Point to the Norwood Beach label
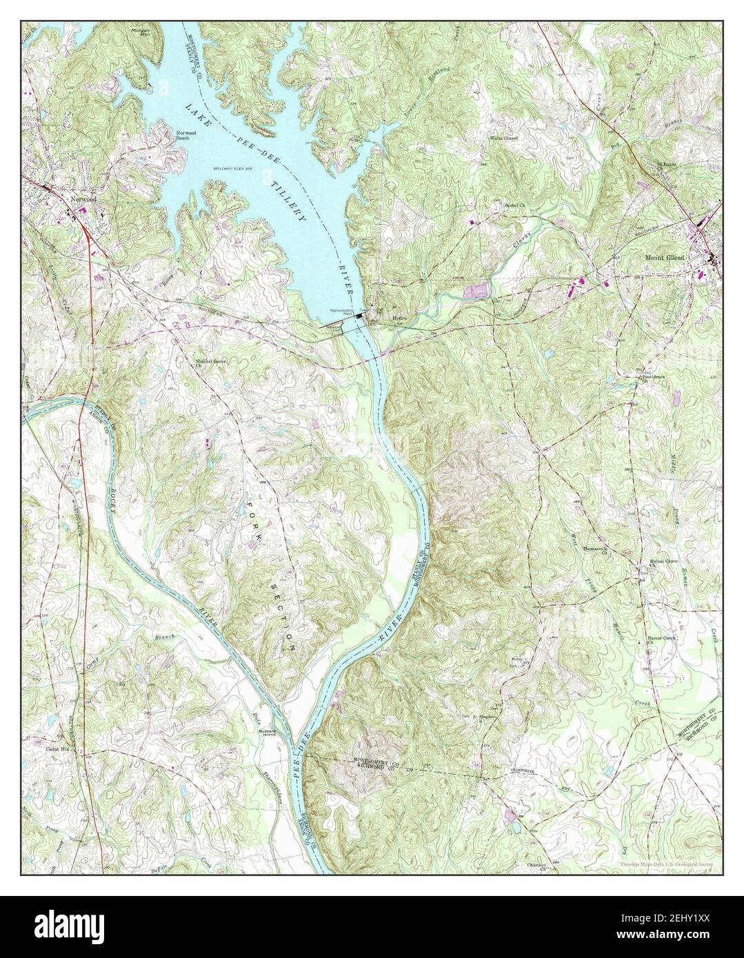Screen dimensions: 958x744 pos(182,135)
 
